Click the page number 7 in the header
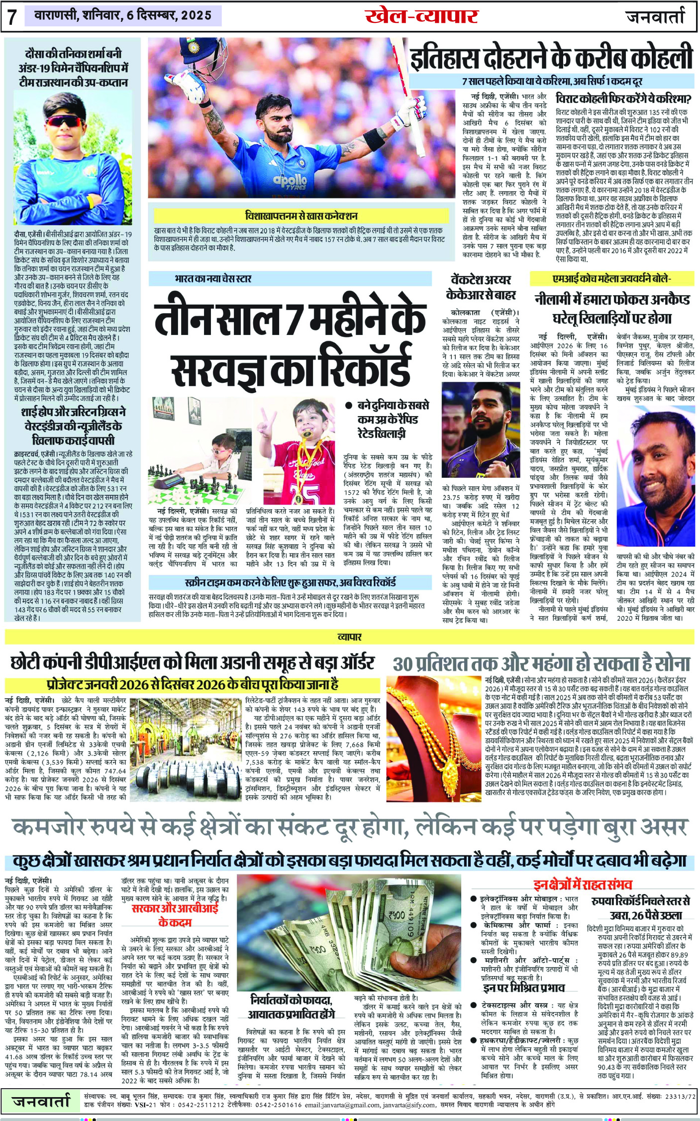point(12,17)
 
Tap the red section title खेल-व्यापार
point(421,16)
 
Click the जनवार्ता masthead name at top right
point(655,16)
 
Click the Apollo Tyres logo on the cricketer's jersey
point(290,181)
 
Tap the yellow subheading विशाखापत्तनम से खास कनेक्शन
point(301,216)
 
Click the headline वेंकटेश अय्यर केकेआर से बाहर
point(481,287)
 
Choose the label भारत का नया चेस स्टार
point(213,278)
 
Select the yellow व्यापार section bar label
point(349,637)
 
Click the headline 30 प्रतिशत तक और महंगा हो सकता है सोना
point(541,664)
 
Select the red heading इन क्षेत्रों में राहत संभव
point(583,885)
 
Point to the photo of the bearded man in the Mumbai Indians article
point(655,477)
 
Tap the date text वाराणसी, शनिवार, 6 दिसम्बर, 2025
point(123,15)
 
